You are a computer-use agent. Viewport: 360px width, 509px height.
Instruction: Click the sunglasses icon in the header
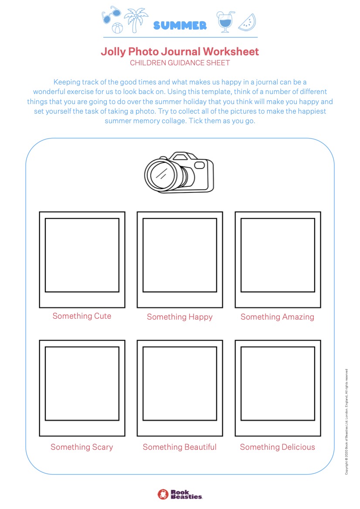click(x=111, y=15)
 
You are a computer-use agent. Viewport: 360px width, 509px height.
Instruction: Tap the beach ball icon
click(x=117, y=28)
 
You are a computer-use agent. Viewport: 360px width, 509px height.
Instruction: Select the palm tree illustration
click(x=136, y=20)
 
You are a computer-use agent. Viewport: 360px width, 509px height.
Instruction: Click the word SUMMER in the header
click(x=180, y=25)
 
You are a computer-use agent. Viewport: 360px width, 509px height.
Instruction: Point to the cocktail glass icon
click(x=225, y=21)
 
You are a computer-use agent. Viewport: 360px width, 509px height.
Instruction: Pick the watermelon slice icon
click(x=247, y=22)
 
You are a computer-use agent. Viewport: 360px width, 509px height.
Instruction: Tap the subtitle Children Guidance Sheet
click(x=180, y=63)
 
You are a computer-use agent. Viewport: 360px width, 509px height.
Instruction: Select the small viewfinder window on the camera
click(x=199, y=165)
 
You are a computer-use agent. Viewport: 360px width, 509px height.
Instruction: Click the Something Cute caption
click(x=82, y=316)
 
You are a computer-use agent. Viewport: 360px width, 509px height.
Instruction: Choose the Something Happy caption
click(x=180, y=317)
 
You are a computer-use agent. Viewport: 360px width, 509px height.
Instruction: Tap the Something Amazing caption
click(x=278, y=317)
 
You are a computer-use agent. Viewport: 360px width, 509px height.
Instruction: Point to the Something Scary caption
click(x=82, y=447)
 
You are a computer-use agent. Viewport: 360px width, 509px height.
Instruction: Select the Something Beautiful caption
click(x=180, y=447)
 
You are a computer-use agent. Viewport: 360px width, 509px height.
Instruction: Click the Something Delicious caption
click(x=278, y=447)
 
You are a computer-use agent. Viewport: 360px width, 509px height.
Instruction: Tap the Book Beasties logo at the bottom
click(x=180, y=494)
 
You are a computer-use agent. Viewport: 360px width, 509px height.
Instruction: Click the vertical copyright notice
click(x=346, y=421)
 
